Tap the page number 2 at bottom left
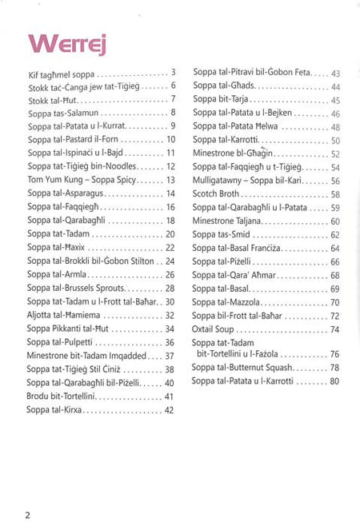point(28,514)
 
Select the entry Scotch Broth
point(221,194)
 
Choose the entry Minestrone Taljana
point(233,221)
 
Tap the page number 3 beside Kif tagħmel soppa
point(173,72)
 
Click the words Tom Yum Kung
point(51,180)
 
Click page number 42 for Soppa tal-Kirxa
point(169,410)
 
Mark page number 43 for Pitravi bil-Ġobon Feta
point(335,73)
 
